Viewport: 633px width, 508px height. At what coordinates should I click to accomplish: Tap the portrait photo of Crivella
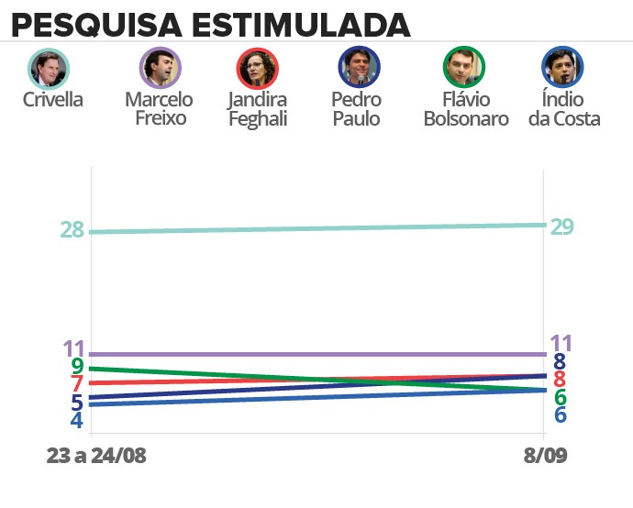(50, 67)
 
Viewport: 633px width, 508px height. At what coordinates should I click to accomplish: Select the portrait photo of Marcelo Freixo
(159, 67)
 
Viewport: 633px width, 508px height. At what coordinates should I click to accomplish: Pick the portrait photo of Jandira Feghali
(257, 67)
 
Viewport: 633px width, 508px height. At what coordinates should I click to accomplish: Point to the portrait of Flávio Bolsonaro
(464, 67)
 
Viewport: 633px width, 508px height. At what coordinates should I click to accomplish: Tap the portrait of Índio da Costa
(563, 67)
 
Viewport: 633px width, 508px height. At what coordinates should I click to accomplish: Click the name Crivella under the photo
(52, 100)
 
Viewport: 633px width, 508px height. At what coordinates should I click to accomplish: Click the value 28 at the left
(73, 230)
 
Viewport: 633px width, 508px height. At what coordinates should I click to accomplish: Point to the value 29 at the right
(561, 226)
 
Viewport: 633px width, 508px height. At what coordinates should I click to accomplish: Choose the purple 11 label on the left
(74, 348)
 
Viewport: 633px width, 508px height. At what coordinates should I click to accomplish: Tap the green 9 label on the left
(77, 367)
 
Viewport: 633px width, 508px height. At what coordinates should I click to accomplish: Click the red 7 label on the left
(77, 384)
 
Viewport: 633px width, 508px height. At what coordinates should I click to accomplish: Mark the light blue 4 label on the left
(77, 420)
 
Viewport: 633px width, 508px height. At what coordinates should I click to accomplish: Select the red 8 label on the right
(559, 380)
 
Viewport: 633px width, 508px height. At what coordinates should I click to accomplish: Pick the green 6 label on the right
(559, 397)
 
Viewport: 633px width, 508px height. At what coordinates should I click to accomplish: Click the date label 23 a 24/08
(96, 456)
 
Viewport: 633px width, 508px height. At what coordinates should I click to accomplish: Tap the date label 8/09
(545, 456)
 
